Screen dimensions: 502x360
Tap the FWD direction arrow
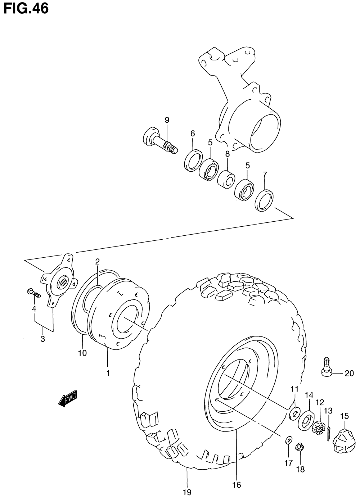[68, 398]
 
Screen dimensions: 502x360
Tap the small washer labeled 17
[289, 440]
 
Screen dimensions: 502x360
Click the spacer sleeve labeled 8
[226, 178]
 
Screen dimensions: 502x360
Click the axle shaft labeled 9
[159, 140]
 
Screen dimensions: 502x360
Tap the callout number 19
[187, 492]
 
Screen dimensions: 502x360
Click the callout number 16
[236, 485]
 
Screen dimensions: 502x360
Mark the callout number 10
[82, 353]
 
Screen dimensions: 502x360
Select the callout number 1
[108, 373]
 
